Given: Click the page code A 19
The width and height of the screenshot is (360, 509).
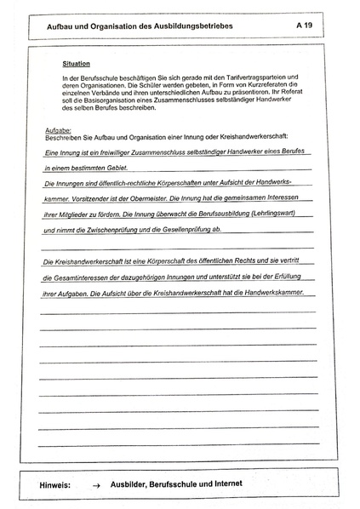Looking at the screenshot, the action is (305, 26).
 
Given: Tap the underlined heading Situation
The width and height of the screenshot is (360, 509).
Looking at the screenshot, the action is (77, 64).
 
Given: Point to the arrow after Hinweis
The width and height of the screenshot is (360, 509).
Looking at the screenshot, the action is (98, 484).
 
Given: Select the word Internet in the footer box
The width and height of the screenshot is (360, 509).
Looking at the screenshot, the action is (223, 483).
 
